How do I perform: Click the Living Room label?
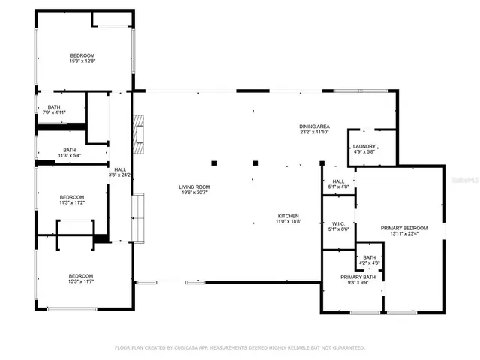(x=193, y=187)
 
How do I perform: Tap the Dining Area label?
(x=315, y=127)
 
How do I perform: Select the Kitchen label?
(x=289, y=216)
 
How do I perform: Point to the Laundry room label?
(x=364, y=147)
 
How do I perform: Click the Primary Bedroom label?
(x=404, y=228)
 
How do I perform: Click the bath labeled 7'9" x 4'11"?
(x=54, y=107)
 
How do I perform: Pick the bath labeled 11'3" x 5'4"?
(x=69, y=150)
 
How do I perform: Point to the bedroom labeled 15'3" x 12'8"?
(x=82, y=56)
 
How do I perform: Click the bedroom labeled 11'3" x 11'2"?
(x=72, y=197)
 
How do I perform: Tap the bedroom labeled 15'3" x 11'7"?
(x=82, y=276)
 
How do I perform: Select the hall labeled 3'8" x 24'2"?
(x=120, y=170)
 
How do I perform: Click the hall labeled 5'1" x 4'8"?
(x=338, y=181)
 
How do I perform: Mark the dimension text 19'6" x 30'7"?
(x=193, y=193)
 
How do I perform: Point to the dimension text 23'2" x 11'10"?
(x=315, y=133)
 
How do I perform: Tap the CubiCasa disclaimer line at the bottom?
(x=240, y=347)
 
